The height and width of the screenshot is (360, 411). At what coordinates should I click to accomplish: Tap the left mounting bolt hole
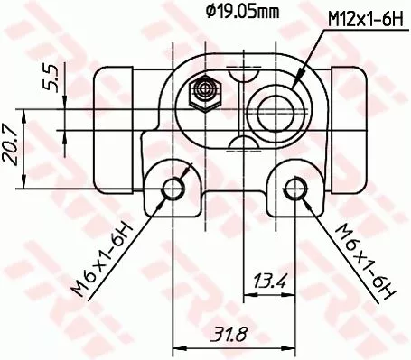point(173,188)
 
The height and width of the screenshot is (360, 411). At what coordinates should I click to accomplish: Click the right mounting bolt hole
point(294,188)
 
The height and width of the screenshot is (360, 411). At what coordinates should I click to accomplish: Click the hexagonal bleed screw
point(202,91)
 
